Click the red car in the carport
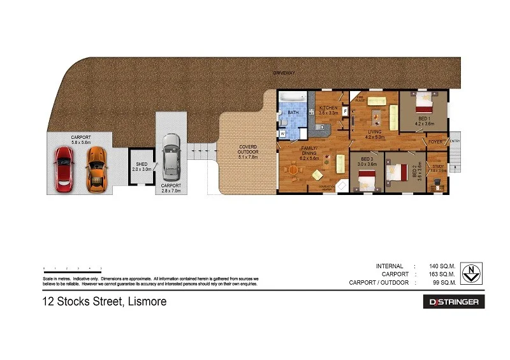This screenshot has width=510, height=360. (x=64, y=169)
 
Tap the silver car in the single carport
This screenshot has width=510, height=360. (x=170, y=157)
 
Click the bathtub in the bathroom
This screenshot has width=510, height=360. (x=293, y=99)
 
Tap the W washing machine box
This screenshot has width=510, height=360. (x=282, y=134)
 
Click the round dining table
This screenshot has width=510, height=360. (x=293, y=169)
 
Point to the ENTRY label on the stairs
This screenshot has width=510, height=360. (x=455, y=141)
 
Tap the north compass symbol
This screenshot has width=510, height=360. (x=470, y=273)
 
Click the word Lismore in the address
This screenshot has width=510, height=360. (x=145, y=301)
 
